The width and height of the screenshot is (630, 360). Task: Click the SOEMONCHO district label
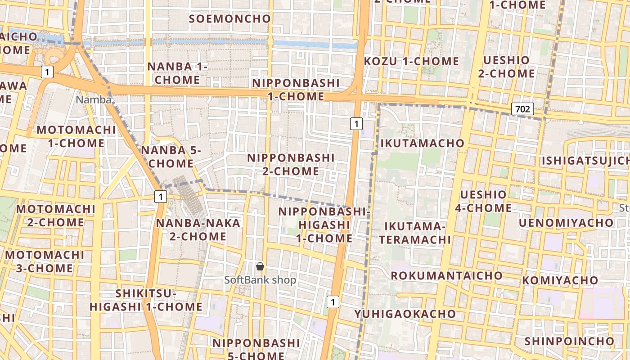click(x=230, y=19)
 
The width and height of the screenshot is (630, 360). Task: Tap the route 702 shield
click(x=522, y=109)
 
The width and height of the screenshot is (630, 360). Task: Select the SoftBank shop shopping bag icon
click(x=260, y=267)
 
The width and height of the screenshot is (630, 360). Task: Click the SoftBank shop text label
click(x=261, y=280)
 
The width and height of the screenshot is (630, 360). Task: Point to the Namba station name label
click(x=94, y=99)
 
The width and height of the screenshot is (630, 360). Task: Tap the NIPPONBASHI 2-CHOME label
click(x=291, y=165)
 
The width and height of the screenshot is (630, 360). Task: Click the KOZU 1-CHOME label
click(x=411, y=61)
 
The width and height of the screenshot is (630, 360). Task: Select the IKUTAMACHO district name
click(x=423, y=143)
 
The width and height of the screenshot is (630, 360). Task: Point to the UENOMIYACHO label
click(x=566, y=223)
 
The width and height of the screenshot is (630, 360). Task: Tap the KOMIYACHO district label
click(x=560, y=280)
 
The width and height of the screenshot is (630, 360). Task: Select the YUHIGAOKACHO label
click(x=405, y=314)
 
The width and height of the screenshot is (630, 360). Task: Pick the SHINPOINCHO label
click(x=569, y=341)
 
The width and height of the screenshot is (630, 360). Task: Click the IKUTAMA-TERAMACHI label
click(x=415, y=233)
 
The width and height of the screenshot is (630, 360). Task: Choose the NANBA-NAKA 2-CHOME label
click(x=198, y=229)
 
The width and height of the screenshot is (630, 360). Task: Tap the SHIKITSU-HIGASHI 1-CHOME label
click(x=146, y=300)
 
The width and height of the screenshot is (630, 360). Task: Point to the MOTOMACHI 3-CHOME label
click(x=45, y=261)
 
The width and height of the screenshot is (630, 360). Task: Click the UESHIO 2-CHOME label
click(x=506, y=67)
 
